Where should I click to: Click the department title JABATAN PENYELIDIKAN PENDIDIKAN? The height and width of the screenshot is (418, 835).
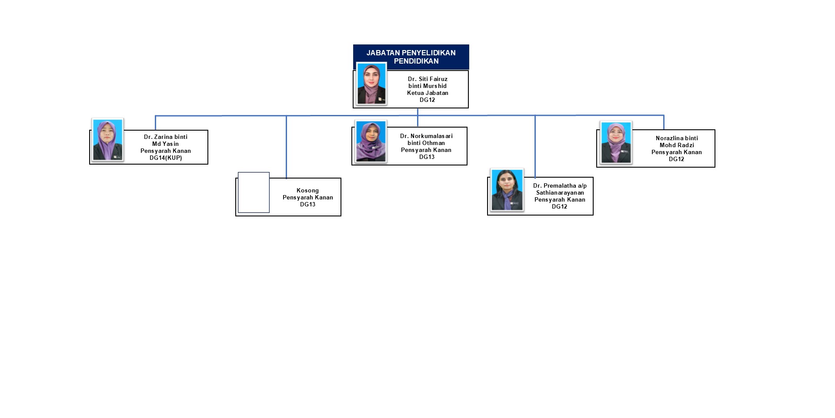point(411,57)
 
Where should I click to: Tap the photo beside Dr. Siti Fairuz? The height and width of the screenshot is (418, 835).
point(371,84)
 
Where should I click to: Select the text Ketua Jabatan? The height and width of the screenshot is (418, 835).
point(428,93)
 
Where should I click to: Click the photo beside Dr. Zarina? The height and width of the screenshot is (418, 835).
point(108,140)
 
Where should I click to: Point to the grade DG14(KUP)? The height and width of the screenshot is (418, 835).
point(166,158)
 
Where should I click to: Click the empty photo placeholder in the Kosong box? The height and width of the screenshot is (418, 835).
point(254,192)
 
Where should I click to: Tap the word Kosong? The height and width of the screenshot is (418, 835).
point(307,190)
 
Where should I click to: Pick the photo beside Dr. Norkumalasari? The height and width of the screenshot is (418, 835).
point(371,142)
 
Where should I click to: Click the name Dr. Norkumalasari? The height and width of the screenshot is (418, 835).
point(426,136)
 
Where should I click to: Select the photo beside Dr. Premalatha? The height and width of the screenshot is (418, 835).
point(507,190)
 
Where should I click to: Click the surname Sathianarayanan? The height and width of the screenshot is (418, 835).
point(560,192)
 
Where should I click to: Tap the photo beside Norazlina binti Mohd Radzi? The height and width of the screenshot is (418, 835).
point(616,142)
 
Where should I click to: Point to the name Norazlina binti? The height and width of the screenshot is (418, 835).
point(677,138)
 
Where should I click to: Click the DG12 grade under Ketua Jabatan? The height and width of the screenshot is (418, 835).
point(427,100)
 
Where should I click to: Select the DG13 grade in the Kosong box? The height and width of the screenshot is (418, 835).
point(307,204)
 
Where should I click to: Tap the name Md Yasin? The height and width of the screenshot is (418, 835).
point(165,144)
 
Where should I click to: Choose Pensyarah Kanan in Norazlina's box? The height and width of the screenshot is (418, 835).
point(676,152)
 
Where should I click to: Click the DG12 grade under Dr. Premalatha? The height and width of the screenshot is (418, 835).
point(559,206)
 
